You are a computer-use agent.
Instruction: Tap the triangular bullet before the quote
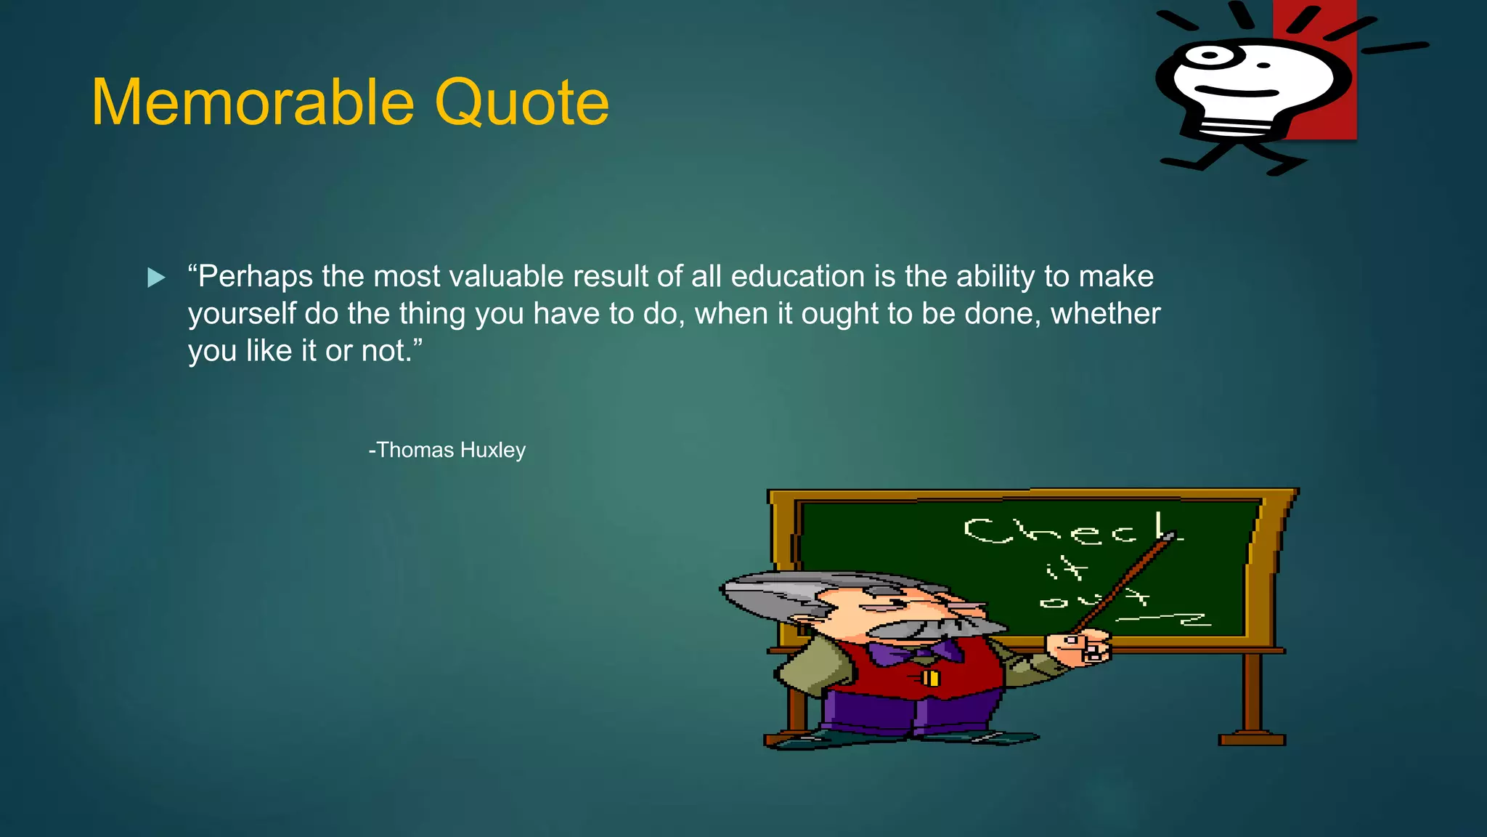coord(155,278)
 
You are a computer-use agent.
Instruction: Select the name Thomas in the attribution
coord(415,450)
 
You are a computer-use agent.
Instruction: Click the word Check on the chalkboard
coord(1072,530)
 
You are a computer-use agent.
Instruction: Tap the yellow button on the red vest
coord(930,679)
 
